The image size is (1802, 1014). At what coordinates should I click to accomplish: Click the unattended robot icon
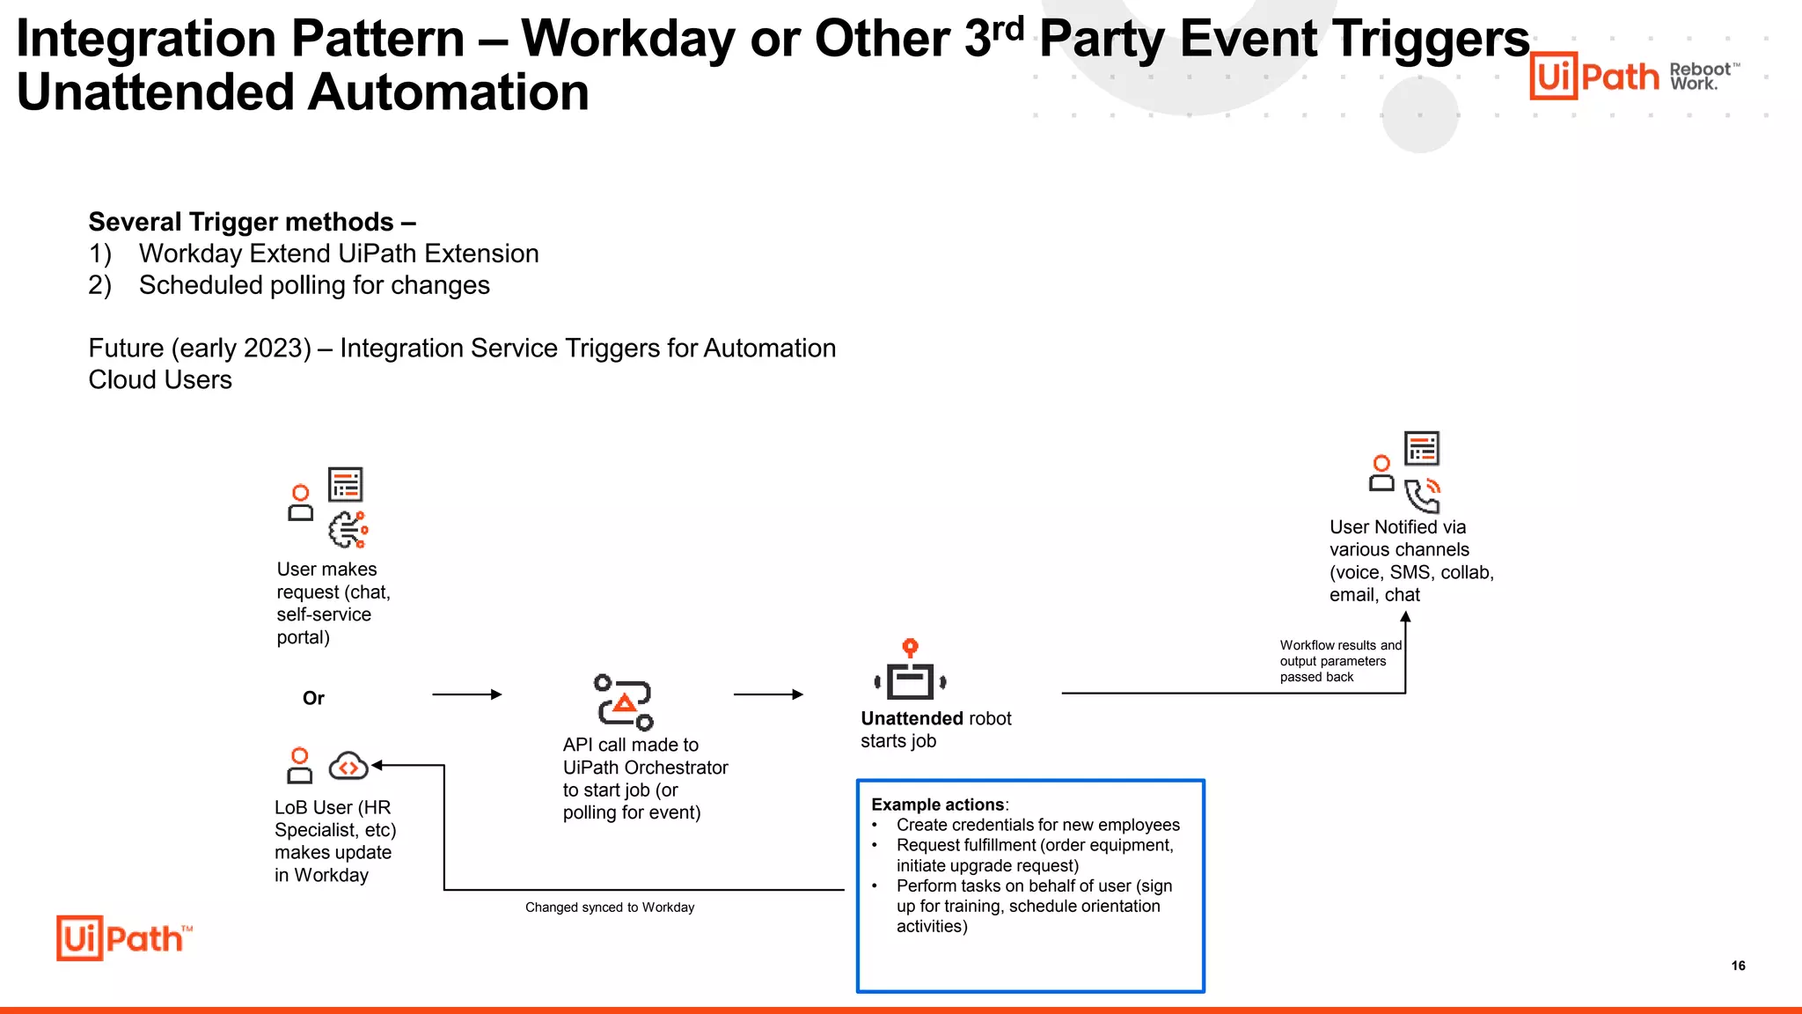pos(911,672)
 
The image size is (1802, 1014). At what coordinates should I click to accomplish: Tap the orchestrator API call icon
pos(624,702)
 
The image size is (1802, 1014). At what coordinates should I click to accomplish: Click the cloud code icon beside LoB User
pos(348,766)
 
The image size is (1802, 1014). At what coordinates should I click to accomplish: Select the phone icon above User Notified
pos(1422,496)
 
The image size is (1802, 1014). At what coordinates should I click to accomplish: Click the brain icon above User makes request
pos(348,529)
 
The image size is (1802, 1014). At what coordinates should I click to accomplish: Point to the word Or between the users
pos(313,698)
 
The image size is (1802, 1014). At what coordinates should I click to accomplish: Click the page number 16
pos(1738,966)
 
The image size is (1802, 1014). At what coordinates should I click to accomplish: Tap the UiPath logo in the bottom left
pos(123,938)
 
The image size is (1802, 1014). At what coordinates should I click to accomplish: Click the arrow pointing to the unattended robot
pos(768,694)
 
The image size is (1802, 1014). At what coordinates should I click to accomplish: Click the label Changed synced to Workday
pos(610,907)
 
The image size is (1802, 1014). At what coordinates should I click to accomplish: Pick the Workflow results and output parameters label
pos(1339,661)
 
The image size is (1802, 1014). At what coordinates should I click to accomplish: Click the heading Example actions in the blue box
pos(938,805)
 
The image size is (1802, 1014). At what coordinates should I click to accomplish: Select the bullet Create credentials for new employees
pos(1037,825)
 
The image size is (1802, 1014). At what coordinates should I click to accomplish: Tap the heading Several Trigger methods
pos(252,222)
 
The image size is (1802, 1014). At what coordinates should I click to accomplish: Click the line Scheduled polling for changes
pos(314,285)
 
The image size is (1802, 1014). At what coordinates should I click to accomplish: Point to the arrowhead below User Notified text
pos(1405,617)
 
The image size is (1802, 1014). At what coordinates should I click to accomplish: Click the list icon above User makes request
pos(345,485)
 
